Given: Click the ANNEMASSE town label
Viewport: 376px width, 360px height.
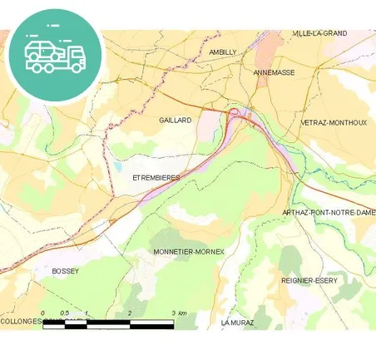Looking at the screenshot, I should [x=273, y=72].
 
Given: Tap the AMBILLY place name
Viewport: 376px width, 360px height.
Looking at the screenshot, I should [x=223, y=52].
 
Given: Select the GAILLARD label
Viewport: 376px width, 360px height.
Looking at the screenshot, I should [x=175, y=120].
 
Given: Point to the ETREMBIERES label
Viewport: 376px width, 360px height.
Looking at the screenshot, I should [x=156, y=178].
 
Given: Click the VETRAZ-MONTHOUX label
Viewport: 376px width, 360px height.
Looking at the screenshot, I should [x=333, y=122].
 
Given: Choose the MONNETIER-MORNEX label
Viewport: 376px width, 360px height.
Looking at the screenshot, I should [x=189, y=251].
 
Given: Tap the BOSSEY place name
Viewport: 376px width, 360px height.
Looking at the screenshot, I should [x=64, y=271].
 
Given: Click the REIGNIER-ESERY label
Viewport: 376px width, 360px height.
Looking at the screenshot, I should [x=309, y=280].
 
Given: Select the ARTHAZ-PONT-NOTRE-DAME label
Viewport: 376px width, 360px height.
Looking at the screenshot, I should [x=329, y=213].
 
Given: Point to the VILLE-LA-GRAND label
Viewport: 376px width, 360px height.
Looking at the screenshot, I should [x=319, y=33].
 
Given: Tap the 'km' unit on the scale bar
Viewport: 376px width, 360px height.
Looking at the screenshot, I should [x=183, y=313].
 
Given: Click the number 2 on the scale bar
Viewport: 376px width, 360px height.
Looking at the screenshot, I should [x=130, y=313].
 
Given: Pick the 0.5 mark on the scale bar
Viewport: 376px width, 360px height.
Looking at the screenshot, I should [x=65, y=313].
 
